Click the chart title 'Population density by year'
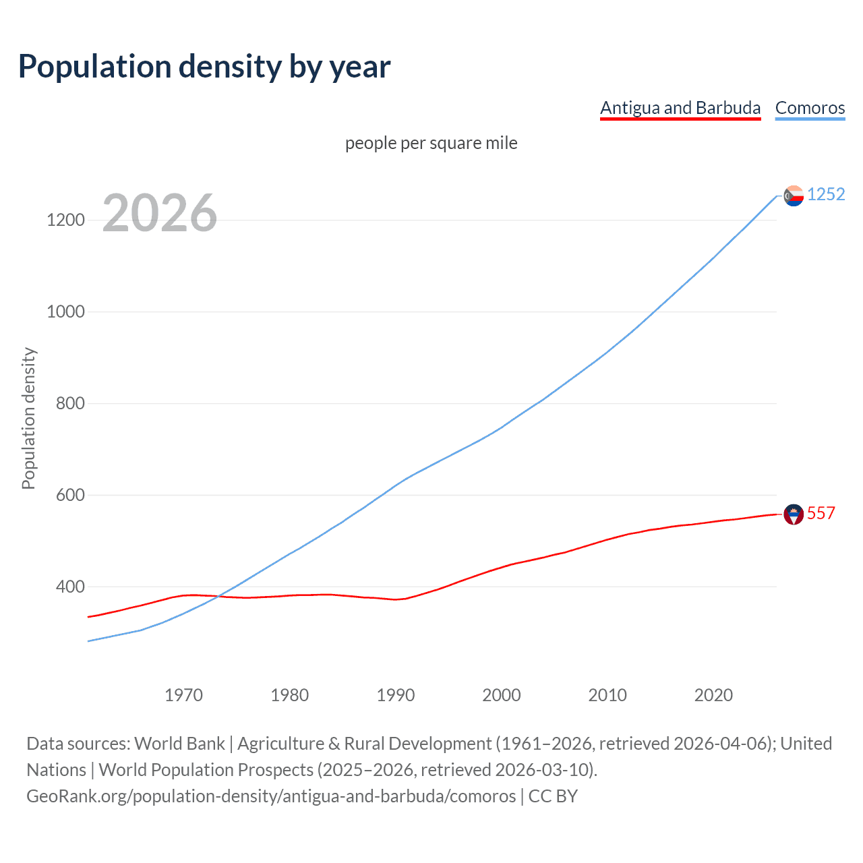tap(204, 67)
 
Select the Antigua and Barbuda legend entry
tap(680, 108)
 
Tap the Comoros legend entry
tap(810, 108)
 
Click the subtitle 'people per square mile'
tap(431, 143)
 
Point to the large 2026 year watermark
tap(160, 213)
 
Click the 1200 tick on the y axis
tap(65, 220)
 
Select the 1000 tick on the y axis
tap(65, 311)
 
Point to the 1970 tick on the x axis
tap(183, 695)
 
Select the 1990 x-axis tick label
tap(396, 695)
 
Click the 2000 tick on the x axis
tap(502, 695)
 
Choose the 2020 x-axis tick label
tap(713, 695)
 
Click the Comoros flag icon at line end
tap(794, 196)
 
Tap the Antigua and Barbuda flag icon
tap(794, 514)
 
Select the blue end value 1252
tap(826, 194)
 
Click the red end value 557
tap(821, 513)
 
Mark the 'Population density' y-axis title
tap(28, 418)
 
